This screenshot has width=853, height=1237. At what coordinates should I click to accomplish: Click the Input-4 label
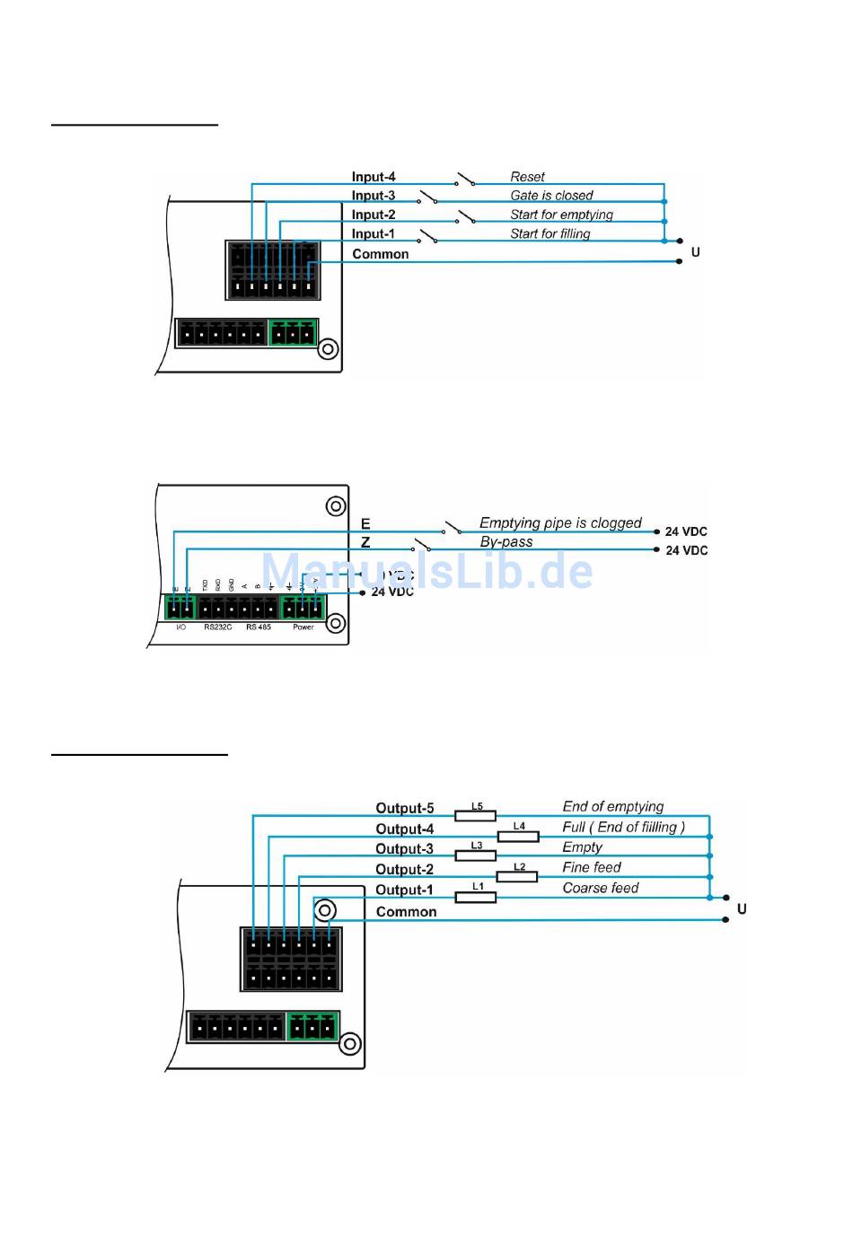tap(373, 177)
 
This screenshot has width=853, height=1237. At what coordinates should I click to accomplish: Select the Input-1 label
tap(373, 234)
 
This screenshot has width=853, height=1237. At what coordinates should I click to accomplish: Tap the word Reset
tap(527, 177)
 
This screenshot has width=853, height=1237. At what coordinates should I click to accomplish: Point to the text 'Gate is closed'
tap(551, 196)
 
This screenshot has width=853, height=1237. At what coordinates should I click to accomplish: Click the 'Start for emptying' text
tap(561, 215)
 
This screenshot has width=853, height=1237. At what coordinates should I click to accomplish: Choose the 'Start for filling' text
tap(550, 234)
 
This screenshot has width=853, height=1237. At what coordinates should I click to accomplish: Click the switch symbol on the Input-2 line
tap(466, 217)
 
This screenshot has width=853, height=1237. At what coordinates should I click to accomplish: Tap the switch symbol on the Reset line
tap(465, 179)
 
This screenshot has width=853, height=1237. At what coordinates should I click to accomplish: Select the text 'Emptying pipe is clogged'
tap(560, 522)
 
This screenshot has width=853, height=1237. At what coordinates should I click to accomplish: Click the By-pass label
tap(506, 542)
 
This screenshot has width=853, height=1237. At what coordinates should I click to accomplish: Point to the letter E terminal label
tap(365, 523)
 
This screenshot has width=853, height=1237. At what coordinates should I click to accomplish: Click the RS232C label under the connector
tap(218, 627)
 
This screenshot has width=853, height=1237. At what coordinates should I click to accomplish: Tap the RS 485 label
tap(259, 627)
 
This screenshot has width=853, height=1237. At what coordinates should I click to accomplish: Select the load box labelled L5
tap(476, 815)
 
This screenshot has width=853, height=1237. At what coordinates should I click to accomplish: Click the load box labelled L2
tap(517, 876)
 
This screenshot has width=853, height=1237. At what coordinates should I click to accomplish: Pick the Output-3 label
tap(404, 849)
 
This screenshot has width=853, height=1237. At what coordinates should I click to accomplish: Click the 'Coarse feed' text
tap(600, 888)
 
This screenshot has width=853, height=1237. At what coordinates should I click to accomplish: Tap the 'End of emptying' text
tap(612, 806)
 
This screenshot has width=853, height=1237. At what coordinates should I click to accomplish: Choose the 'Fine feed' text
tap(591, 867)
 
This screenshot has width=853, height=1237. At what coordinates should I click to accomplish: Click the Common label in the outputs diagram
tap(406, 912)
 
